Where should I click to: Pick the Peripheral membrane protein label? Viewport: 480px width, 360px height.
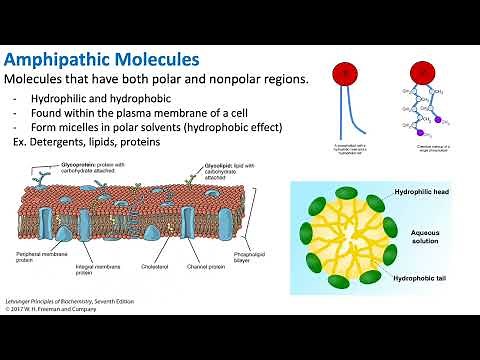tap(39, 271)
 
